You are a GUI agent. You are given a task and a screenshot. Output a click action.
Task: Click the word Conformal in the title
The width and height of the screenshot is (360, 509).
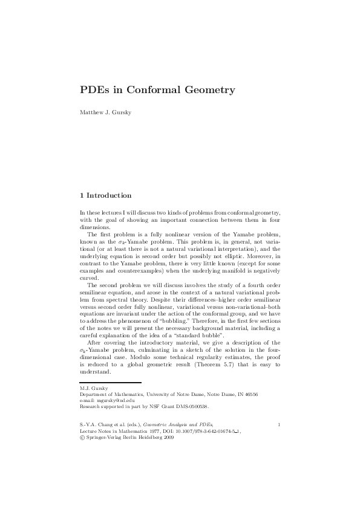tap(149, 90)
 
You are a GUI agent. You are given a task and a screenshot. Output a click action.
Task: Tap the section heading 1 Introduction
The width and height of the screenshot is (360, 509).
tap(106, 195)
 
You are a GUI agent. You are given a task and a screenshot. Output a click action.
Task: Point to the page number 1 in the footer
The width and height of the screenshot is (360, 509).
tap(278, 426)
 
